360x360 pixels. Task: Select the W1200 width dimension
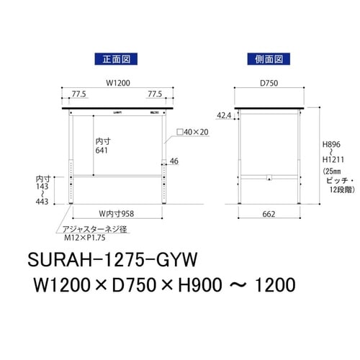[118, 83]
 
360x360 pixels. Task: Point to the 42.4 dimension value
[225, 114]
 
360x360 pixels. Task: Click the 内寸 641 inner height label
[102, 146]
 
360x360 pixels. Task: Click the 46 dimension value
[174, 162]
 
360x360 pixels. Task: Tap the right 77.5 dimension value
[156, 94]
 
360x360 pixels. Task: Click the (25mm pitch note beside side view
[333, 173]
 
